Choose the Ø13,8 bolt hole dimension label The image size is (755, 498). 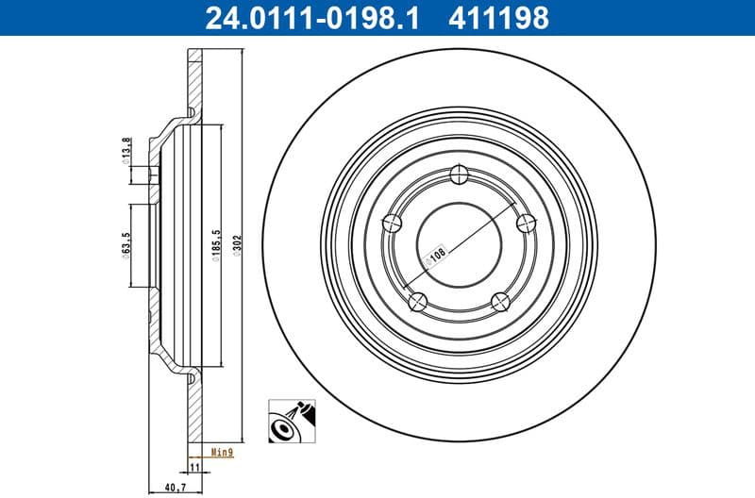126,151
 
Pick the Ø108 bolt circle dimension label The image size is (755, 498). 437,256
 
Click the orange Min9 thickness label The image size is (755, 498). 222,453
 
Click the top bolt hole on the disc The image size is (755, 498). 460,174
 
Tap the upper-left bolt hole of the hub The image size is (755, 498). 394,223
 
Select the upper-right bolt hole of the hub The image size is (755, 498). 526,223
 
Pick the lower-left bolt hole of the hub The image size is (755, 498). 418,301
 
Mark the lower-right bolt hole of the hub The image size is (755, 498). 501,301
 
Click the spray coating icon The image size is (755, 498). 291,421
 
